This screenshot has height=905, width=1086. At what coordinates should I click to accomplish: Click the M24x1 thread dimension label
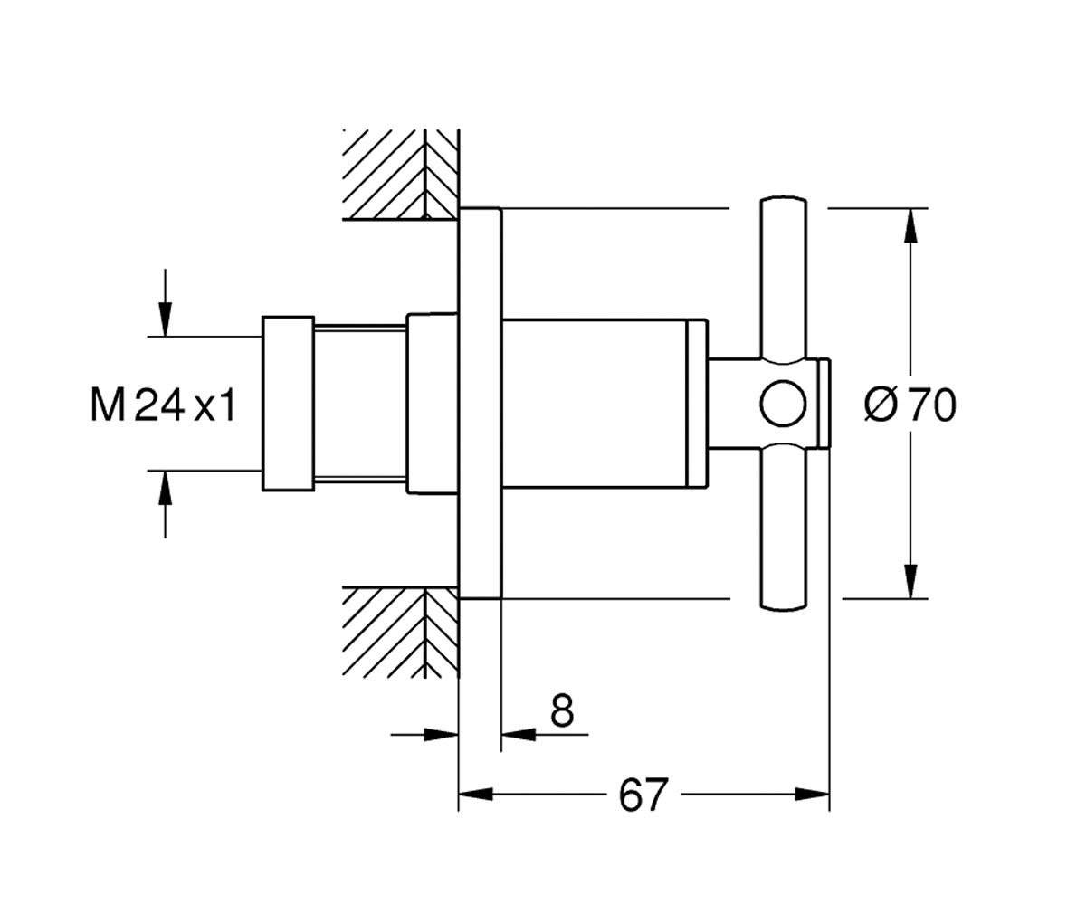pyautogui.click(x=163, y=405)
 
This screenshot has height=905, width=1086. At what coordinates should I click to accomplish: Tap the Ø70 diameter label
pyautogui.click(x=910, y=405)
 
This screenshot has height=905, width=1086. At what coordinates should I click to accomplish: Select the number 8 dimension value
pyautogui.click(x=562, y=710)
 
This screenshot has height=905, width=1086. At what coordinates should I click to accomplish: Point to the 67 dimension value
pyautogui.click(x=643, y=795)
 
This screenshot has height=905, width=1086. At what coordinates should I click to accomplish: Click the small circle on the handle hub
pyautogui.click(x=783, y=404)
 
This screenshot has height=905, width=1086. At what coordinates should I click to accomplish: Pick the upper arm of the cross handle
pyautogui.click(x=784, y=278)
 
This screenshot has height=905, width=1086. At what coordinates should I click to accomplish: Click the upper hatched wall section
pyautogui.click(x=401, y=175)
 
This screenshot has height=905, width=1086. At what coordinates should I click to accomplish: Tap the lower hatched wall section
pyautogui.click(x=401, y=633)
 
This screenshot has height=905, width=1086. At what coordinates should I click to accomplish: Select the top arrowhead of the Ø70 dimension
pyautogui.click(x=910, y=225)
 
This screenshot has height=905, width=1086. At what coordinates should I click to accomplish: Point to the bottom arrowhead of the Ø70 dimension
pyautogui.click(x=910, y=581)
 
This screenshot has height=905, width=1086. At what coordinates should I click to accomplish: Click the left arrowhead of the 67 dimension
pyautogui.click(x=475, y=795)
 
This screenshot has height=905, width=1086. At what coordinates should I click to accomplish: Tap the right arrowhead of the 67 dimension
pyautogui.click(x=813, y=795)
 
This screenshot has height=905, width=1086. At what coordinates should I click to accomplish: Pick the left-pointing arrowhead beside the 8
pyautogui.click(x=519, y=734)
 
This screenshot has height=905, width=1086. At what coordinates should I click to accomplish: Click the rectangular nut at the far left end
pyautogui.click(x=288, y=404)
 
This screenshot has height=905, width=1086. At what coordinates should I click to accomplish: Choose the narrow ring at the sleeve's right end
pyautogui.click(x=697, y=404)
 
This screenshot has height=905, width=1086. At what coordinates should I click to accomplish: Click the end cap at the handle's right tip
pyautogui.click(x=824, y=403)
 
